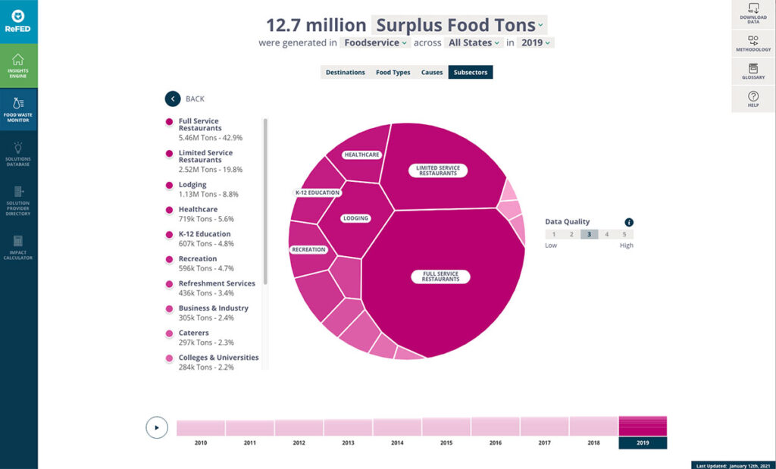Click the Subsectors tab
point(470,73)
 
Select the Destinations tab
point(345,73)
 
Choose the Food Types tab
point(393,73)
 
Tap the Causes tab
point(432,73)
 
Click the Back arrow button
point(173,98)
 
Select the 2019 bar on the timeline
point(643,426)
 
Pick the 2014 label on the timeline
point(397,442)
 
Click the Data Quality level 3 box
point(589,234)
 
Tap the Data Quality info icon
point(629,222)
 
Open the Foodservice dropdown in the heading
point(375,43)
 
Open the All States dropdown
point(474,43)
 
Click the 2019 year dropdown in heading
point(536,43)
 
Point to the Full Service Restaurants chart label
point(441,277)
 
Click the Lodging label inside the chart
point(355,218)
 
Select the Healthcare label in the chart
point(361,155)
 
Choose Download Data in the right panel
point(753,14)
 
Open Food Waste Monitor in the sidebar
point(18,109)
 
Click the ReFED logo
point(18,21)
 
